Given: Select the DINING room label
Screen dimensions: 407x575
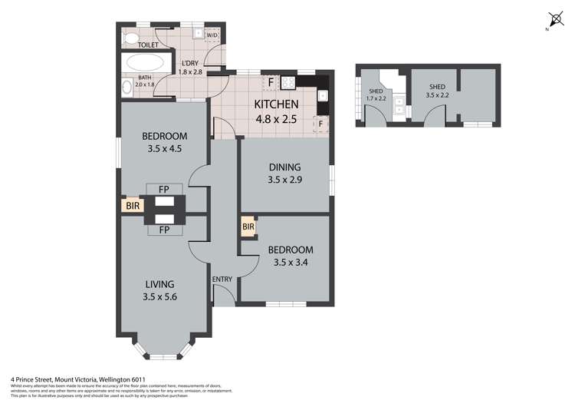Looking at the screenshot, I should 284,168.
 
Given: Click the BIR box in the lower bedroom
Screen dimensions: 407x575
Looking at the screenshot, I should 248,227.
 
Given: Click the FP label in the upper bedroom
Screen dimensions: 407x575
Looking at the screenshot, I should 163,188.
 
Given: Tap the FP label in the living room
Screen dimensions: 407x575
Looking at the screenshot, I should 163,230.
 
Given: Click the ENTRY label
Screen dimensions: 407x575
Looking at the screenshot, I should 222,279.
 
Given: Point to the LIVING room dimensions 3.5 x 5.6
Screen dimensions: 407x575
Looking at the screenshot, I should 162,298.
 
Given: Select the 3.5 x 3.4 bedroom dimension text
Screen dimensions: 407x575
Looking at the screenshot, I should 290,264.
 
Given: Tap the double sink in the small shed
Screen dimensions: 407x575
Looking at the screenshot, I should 400,106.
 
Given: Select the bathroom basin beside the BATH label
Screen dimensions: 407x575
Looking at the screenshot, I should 125,87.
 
